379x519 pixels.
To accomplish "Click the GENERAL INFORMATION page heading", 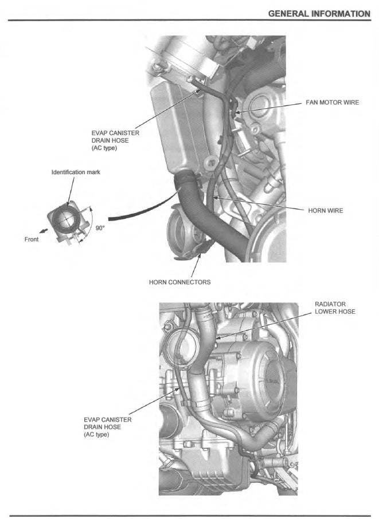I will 319,13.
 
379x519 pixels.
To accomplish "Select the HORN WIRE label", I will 326,211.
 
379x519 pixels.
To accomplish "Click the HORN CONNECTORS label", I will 179,282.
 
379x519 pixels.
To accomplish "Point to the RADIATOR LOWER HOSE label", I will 335,308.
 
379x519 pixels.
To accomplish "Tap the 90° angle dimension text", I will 100,228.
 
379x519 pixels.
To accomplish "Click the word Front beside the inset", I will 32,239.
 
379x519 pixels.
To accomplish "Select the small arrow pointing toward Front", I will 44,233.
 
